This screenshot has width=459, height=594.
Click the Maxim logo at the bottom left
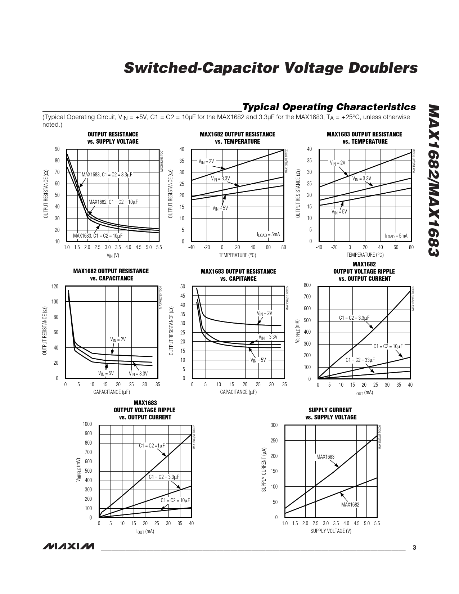[68, 546]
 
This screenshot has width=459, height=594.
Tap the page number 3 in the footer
[414, 548]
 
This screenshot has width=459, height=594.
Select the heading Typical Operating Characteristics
[329, 107]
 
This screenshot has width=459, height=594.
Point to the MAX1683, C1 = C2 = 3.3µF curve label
[107, 175]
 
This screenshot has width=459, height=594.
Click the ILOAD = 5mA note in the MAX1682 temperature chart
[268, 234]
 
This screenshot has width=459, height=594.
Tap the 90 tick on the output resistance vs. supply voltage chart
[57, 149]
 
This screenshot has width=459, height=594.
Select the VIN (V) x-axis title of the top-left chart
[113, 255]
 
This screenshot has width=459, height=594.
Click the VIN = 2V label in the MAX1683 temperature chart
[338, 163]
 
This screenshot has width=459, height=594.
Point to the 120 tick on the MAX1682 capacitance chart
[55, 287]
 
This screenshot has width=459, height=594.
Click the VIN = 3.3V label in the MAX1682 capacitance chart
[138, 373]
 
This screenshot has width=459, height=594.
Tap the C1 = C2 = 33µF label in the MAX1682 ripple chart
[360, 360]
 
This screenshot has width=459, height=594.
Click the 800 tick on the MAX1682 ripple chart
[307, 285]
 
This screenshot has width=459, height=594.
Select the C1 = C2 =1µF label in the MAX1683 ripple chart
[152, 446]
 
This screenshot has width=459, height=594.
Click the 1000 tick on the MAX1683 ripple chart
[87, 424]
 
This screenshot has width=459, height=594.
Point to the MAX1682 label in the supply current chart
[350, 504]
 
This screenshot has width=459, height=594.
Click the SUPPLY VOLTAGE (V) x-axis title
[331, 531]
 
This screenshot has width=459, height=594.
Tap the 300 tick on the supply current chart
[274, 425]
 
